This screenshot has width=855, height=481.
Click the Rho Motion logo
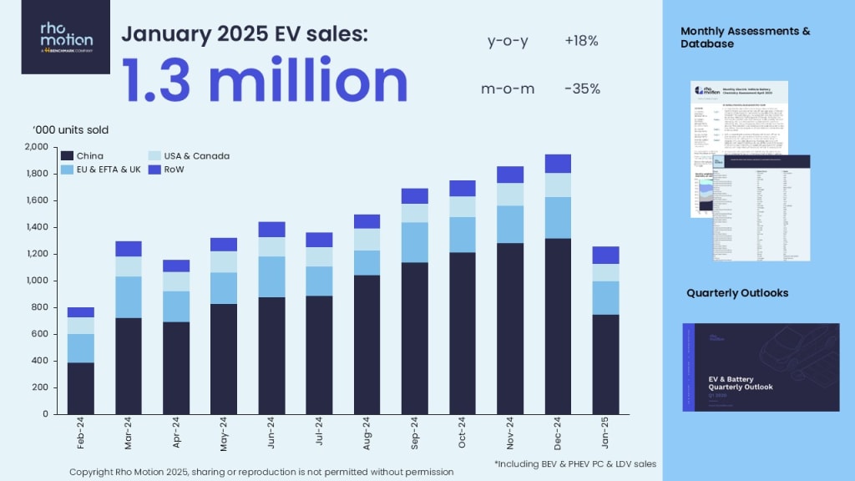(66, 38)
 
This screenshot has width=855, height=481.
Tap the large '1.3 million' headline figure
(265, 82)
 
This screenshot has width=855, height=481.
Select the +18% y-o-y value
(581, 40)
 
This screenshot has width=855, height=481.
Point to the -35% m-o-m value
(582, 89)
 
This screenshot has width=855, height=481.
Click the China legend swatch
(67, 156)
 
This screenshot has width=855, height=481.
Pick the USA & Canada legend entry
(187, 156)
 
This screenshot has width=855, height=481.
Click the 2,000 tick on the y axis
(38, 147)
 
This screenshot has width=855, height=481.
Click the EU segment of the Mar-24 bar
(128, 296)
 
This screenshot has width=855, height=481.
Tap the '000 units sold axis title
(70, 129)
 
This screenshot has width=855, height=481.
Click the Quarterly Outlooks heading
(737, 293)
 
